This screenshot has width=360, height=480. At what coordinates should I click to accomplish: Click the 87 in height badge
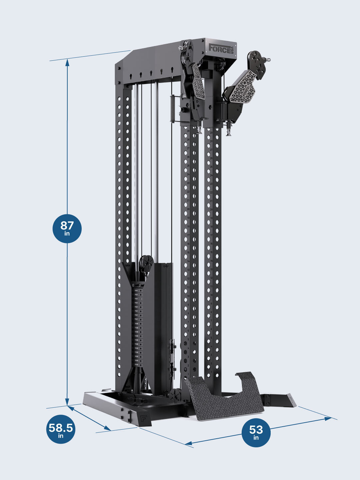67,228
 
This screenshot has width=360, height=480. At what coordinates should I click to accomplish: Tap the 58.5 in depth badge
60,429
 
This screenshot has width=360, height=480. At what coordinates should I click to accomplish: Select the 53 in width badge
256,432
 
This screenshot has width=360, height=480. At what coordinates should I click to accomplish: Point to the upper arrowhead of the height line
67,61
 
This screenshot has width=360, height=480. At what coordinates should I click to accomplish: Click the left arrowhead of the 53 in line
188,443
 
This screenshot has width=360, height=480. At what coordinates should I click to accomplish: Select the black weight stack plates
137,323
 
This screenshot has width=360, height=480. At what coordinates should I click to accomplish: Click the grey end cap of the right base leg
292,400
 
